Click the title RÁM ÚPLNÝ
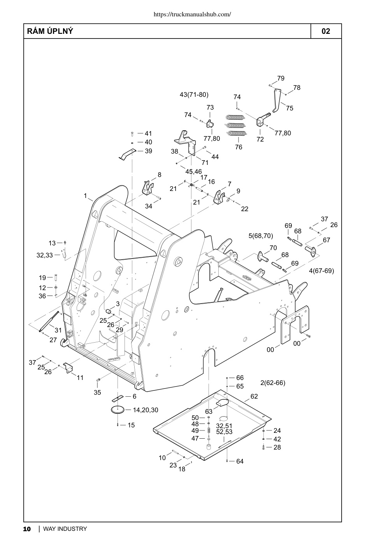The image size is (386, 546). (50, 31)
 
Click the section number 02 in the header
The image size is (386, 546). (326, 31)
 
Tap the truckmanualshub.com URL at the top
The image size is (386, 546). (192, 14)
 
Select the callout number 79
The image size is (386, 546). (281, 78)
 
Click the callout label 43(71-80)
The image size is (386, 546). (194, 94)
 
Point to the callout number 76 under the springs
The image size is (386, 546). (239, 147)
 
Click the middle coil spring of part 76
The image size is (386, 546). (235, 125)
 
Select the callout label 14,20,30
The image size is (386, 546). (146, 410)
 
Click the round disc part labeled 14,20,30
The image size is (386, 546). (118, 409)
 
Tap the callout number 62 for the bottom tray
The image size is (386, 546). (254, 396)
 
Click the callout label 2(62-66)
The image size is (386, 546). (273, 383)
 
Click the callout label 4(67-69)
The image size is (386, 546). (322, 271)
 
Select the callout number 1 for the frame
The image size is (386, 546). (85, 196)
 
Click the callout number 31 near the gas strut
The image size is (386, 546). (58, 330)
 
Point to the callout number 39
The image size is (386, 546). (149, 151)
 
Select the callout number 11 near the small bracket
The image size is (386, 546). (80, 378)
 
